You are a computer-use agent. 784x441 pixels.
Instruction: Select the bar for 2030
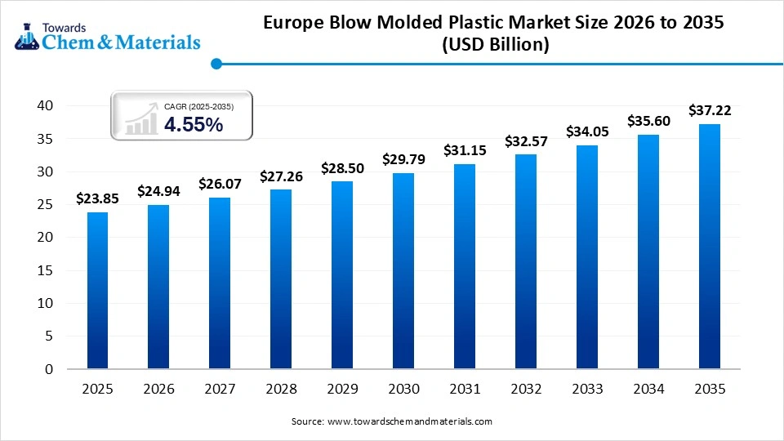403,270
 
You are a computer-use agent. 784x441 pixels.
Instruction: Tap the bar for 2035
710,246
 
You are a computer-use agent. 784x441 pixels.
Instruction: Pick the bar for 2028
281,278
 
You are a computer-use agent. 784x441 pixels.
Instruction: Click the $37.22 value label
710,109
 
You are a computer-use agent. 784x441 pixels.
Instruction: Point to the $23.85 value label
97,198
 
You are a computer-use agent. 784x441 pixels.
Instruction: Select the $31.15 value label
465,150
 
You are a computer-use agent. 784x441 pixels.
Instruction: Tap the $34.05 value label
587,131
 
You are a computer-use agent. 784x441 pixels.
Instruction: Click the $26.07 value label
220,184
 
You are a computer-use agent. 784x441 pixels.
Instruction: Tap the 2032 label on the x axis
526,390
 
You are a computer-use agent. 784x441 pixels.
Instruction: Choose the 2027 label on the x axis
220,390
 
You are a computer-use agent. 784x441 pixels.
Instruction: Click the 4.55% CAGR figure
194,124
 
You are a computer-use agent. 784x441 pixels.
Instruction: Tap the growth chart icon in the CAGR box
141,117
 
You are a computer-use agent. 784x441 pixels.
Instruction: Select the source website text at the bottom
392,421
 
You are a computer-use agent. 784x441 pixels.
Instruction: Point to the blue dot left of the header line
216,63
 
